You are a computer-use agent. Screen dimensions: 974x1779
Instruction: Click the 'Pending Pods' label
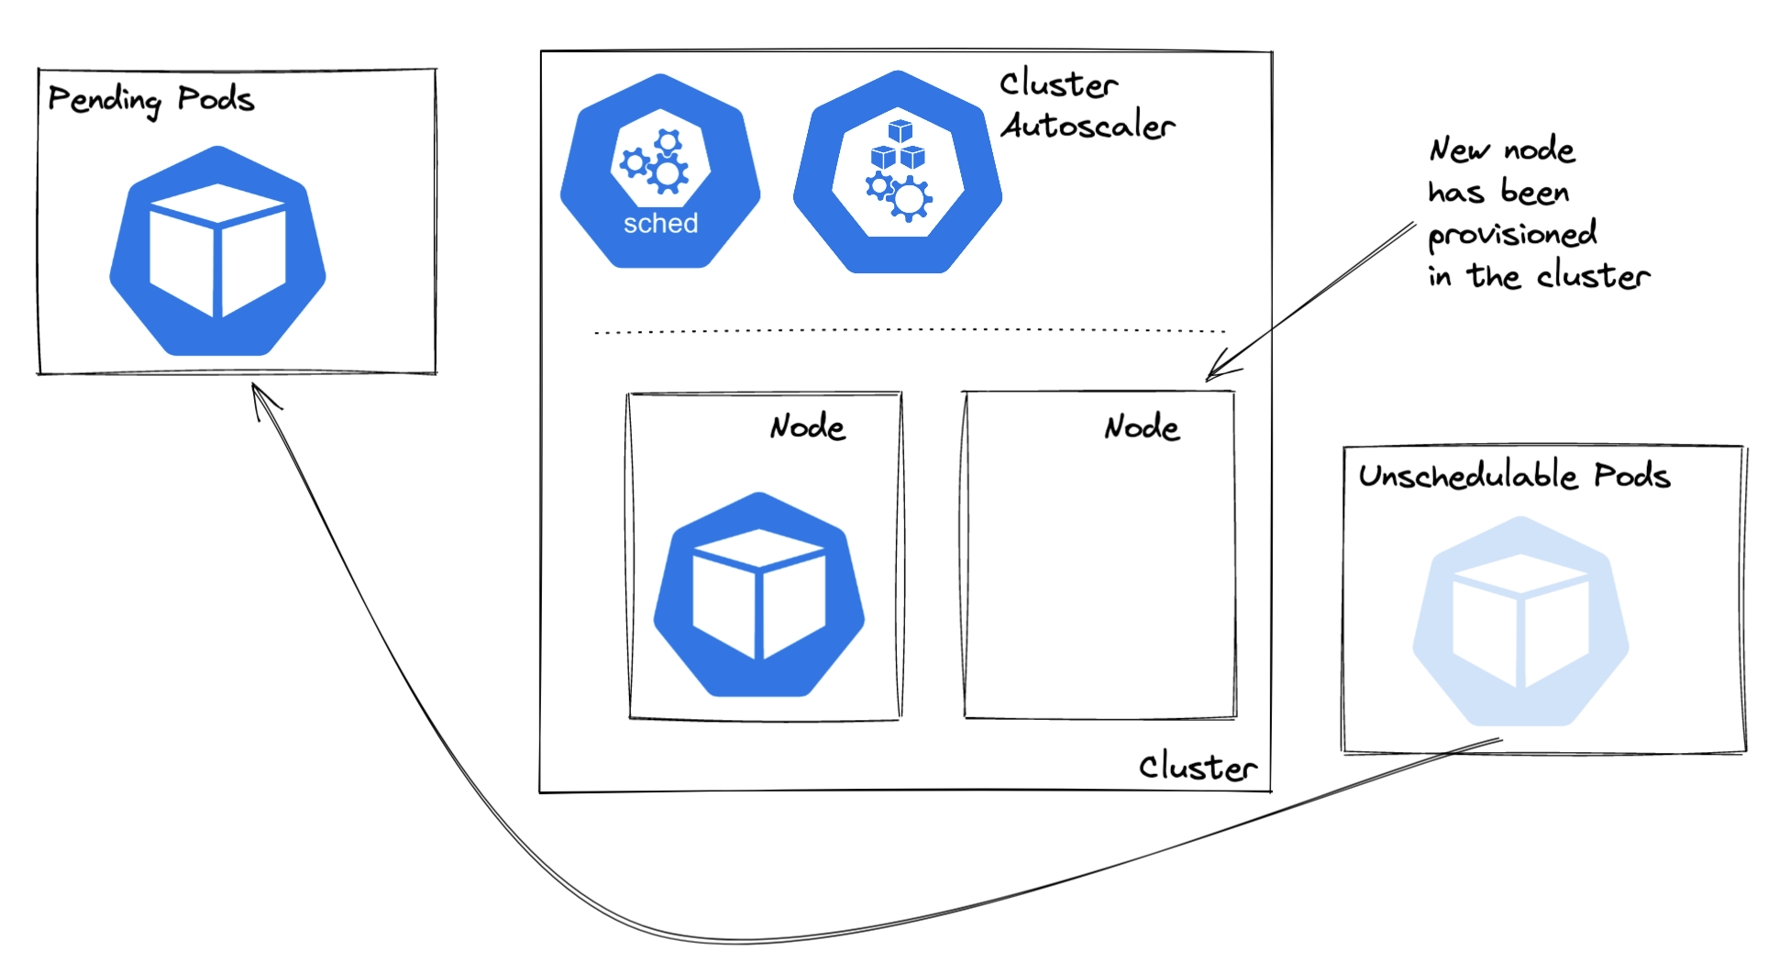point(150,99)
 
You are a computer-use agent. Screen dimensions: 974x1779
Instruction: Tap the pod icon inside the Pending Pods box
point(217,251)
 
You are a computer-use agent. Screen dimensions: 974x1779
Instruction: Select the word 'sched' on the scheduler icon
point(660,224)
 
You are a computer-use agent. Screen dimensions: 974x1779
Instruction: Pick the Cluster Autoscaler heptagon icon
point(898,173)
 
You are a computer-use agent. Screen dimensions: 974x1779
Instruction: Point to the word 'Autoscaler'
point(1088,126)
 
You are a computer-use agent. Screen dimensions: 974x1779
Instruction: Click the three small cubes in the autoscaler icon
point(899,146)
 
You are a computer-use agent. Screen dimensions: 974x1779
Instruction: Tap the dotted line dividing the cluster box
point(908,331)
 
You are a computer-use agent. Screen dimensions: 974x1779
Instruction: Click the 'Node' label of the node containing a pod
point(807,426)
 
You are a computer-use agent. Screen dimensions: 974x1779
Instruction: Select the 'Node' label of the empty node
point(1142,426)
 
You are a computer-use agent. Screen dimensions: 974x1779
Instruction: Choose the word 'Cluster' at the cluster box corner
point(1198,767)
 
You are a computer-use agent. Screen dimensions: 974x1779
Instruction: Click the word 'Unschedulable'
point(1468,475)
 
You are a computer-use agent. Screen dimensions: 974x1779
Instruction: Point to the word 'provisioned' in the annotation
point(1512,235)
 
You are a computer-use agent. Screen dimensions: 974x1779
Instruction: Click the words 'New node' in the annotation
point(1502,149)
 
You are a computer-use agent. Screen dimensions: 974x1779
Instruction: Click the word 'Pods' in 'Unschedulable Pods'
point(1632,475)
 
